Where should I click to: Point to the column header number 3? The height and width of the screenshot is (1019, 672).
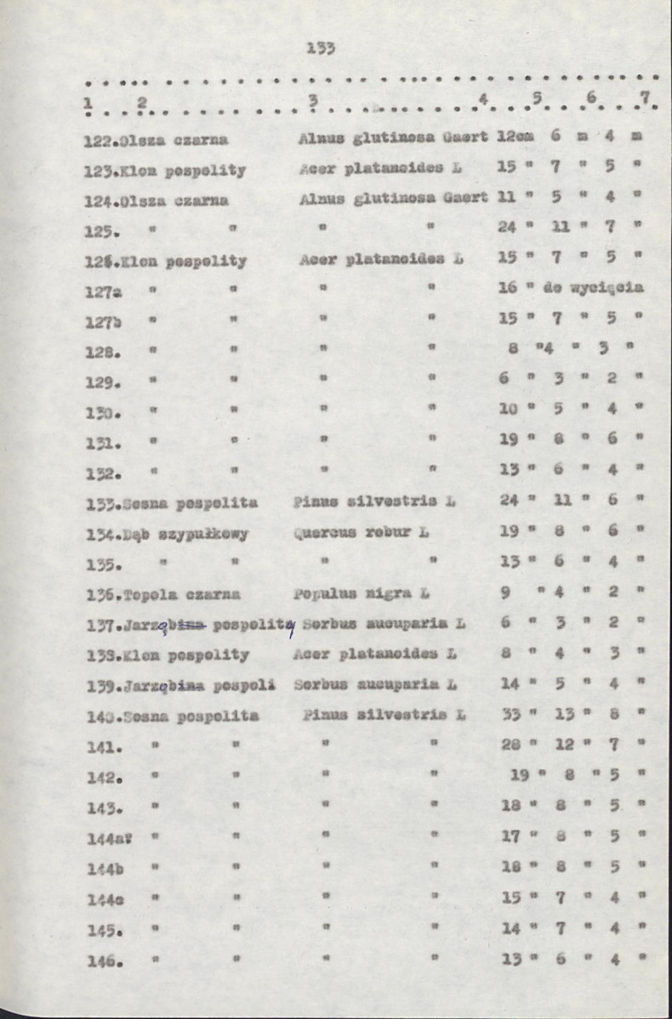coord(313,101)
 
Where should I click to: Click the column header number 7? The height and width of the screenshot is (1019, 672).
coord(646,99)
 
